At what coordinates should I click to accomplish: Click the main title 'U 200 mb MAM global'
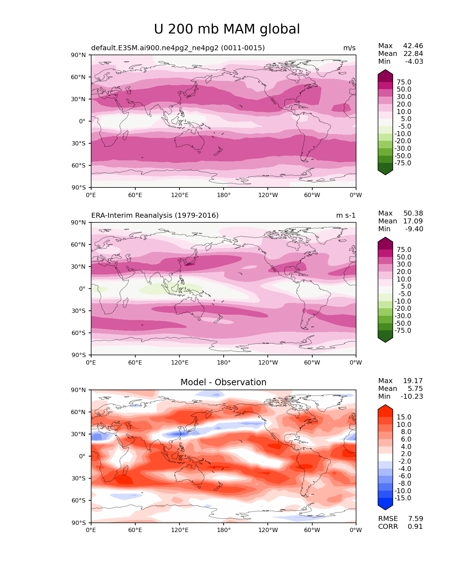point(227,29)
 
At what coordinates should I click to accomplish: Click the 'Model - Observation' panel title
point(223,382)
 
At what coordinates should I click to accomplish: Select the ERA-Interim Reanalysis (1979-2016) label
point(155,216)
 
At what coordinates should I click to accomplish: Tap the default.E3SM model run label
point(178,48)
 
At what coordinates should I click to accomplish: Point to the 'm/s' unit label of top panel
point(349,48)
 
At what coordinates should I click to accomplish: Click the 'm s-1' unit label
point(346,216)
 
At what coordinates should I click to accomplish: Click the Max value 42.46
point(413,46)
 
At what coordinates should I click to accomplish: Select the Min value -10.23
point(412,397)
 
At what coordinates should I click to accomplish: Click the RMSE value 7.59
point(415,519)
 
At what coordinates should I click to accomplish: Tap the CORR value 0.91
point(415,527)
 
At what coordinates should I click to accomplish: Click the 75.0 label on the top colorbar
point(404,82)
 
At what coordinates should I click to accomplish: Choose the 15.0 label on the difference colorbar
point(404,417)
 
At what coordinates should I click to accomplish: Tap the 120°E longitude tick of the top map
point(179,195)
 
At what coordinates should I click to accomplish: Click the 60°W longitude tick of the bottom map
point(312,530)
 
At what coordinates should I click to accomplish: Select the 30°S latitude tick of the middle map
point(79,311)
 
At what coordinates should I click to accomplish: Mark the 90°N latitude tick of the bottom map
point(79,390)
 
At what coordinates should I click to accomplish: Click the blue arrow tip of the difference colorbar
point(385,509)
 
